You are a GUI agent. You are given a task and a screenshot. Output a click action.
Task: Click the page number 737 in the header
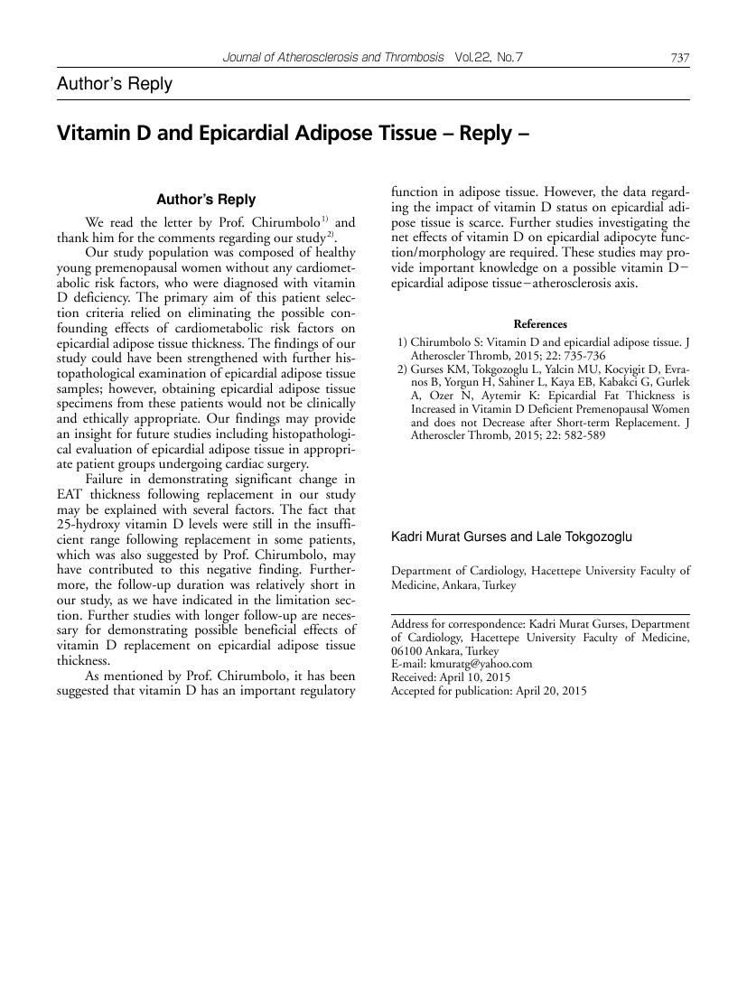tap(680, 58)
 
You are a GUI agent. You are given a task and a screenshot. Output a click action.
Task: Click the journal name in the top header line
tap(333, 58)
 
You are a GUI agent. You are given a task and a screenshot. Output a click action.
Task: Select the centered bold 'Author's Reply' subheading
tap(206, 200)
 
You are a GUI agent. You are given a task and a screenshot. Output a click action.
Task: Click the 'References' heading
tap(540, 324)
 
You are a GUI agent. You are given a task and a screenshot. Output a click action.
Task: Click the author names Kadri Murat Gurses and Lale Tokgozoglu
tap(511, 536)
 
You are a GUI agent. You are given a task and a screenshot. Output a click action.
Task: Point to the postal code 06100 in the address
tap(408, 650)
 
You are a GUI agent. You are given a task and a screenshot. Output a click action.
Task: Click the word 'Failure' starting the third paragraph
tap(107, 478)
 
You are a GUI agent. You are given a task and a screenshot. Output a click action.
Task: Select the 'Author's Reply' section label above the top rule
tap(114, 84)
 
